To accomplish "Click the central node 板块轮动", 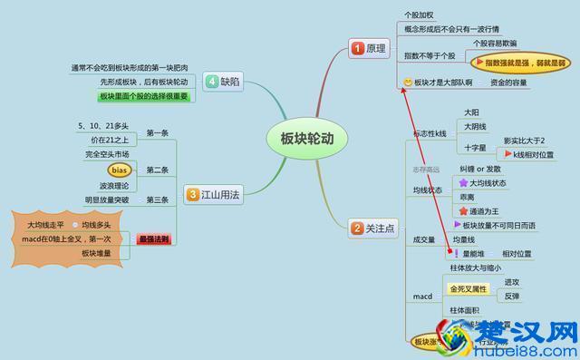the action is pos(302,138).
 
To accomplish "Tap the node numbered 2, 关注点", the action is pos(374,229).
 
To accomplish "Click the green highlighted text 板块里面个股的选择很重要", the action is pos(143,96).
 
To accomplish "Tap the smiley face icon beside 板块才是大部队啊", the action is pos(409,83).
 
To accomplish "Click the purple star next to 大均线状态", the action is pos(463,182).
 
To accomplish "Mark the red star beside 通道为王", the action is pos(463,209).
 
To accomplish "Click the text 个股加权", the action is pos(419,15).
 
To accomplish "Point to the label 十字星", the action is pos(476,146).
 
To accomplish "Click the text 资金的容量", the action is pos(508,83).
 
